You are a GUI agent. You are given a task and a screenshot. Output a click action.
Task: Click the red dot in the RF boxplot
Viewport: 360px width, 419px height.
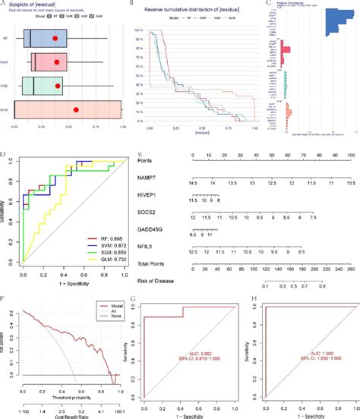pos(55,38)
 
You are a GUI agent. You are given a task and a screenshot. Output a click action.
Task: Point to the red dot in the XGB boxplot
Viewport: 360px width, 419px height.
pos(58,87)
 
